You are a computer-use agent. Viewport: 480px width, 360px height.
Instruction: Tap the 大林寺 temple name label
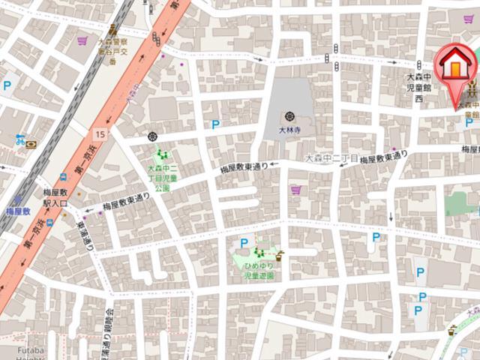289,130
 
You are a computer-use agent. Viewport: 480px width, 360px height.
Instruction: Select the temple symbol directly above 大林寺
289,116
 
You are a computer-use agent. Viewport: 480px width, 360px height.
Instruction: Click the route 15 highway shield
100,133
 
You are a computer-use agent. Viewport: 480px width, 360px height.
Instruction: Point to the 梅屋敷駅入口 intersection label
55,198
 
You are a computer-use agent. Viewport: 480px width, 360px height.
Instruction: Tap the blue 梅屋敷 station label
18,212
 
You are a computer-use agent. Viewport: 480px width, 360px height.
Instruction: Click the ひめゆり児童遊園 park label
259,271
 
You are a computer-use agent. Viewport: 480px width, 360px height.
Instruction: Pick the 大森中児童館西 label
419,88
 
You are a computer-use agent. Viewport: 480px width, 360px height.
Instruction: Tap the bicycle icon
20,139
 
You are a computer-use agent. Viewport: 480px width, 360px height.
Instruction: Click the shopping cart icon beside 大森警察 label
82,40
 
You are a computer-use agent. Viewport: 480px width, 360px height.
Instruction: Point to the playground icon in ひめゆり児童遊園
259,252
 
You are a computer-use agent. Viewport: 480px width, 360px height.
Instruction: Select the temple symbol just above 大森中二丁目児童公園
154,137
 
